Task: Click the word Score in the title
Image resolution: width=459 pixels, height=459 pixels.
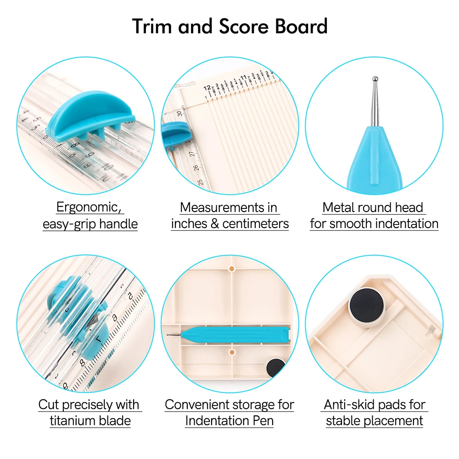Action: pos(243,26)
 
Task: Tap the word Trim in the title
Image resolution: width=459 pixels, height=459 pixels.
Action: pos(151,26)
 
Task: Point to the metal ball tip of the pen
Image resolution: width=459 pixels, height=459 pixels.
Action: pos(375,78)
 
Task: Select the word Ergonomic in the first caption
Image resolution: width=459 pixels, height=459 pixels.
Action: pos(89,207)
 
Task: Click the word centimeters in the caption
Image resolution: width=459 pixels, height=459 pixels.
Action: pos(256,224)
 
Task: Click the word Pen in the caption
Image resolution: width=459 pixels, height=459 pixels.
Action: pos(263,420)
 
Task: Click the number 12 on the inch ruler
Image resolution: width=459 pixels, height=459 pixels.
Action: pos(207,88)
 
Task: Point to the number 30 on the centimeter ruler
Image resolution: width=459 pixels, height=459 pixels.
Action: pos(179,113)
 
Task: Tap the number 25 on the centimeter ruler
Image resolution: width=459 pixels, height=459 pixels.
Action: pos(201,182)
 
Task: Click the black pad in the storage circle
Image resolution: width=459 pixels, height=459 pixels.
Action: pos(275,367)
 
